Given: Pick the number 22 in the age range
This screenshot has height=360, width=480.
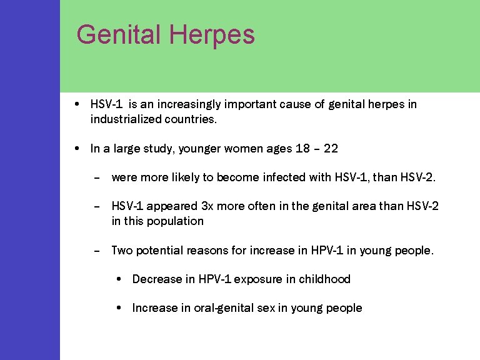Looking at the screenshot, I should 331,149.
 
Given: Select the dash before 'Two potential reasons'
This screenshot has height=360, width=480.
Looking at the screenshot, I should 96,251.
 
